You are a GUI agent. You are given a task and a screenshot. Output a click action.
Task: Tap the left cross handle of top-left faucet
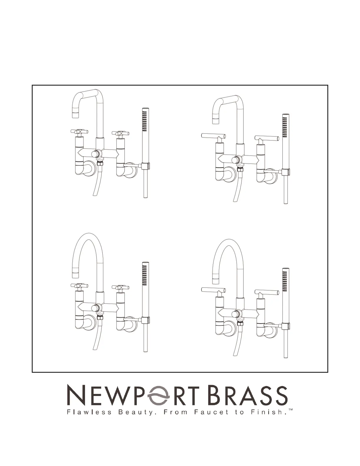79,132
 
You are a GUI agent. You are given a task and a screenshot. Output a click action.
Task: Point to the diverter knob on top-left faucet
95,154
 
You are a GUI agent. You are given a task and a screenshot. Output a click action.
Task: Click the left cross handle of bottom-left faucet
79,286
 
